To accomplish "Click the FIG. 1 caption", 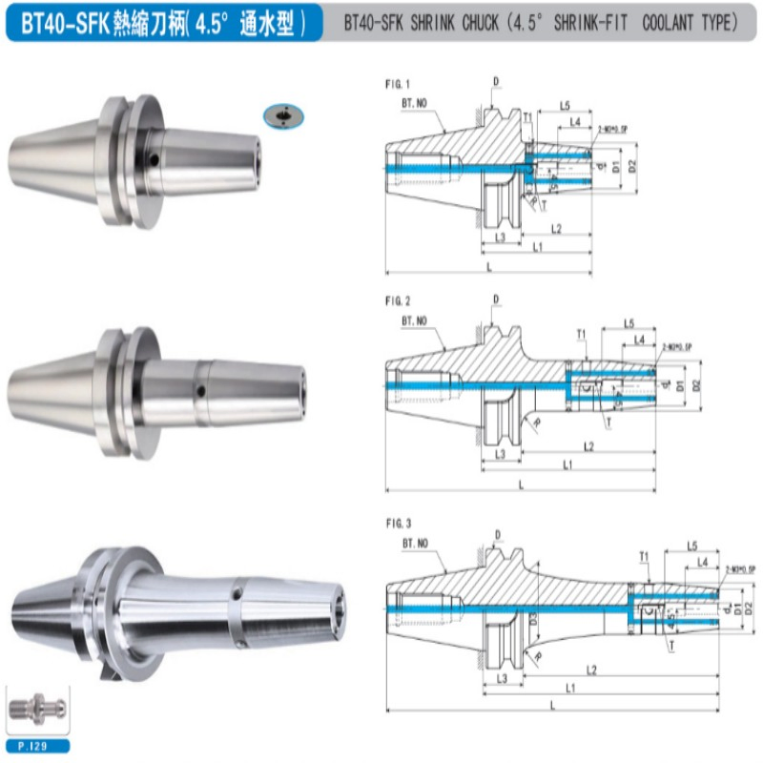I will [x=397, y=83].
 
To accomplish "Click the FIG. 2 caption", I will [x=397, y=301].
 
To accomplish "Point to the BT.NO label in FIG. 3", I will [x=416, y=541].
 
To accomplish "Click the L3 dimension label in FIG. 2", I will [x=501, y=454].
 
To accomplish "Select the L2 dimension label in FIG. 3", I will [x=591, y=670].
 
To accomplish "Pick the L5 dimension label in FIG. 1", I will [x=565, y=104].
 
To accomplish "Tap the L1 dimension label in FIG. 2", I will [x=568, y=464].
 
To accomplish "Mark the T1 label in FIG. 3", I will [x=644, y=555].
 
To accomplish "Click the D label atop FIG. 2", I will [x=496, y=299].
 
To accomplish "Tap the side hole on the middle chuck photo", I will [x=200, y=389].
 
